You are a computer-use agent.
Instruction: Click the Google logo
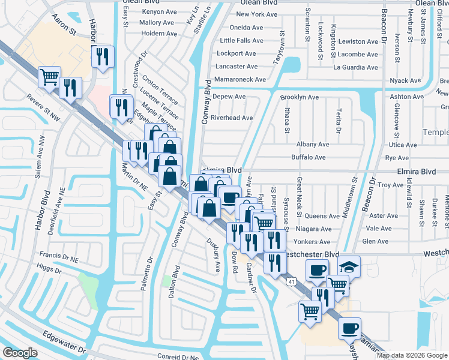click(20, 353)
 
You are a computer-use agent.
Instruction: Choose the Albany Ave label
click(313, 144)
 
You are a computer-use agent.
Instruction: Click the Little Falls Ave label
click(241, 41)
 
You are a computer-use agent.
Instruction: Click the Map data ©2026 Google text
click(411, 355)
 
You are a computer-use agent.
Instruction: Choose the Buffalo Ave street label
click(308, 157)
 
